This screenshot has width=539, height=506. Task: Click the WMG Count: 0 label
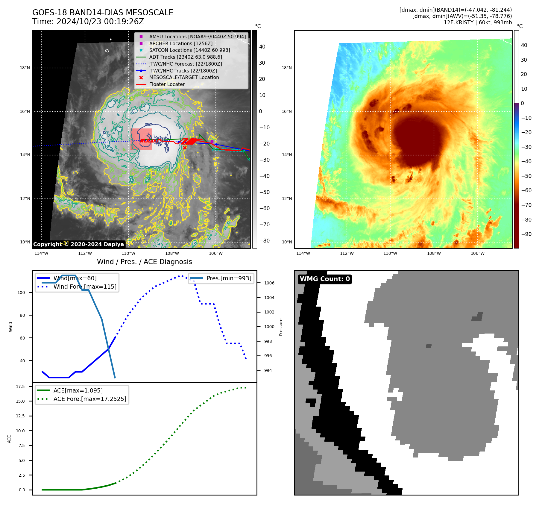(325, 279)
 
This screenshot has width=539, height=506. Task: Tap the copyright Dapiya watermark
(78, 244)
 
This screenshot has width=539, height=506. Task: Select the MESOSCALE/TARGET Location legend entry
(184, 78)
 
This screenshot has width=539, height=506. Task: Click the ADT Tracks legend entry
(185, 57)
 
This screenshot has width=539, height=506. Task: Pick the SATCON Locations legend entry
(189, 50)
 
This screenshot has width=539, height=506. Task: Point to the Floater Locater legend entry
(167, 84)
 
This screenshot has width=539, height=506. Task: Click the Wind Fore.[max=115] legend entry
(85, 287)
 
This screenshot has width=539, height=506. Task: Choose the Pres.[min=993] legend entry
(229, 278)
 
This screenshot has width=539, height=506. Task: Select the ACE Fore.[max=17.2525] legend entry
(89, 399)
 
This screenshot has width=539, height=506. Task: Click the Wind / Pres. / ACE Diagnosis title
(145, 262)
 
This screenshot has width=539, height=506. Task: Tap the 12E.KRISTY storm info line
(478, 22)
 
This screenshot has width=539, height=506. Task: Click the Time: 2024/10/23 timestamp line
(88, 22)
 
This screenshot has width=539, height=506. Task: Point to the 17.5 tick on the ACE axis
(20, 387)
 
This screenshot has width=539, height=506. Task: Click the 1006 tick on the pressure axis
(269, 283)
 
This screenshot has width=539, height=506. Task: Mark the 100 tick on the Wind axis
(21, 293)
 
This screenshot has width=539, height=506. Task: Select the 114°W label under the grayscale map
(41, 253)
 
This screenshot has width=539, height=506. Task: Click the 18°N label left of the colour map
(286, 68)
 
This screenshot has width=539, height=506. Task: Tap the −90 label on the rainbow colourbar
(526, 234)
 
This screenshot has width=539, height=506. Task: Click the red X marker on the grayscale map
(185, 148)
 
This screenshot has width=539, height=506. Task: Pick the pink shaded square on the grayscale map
(141, 139)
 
